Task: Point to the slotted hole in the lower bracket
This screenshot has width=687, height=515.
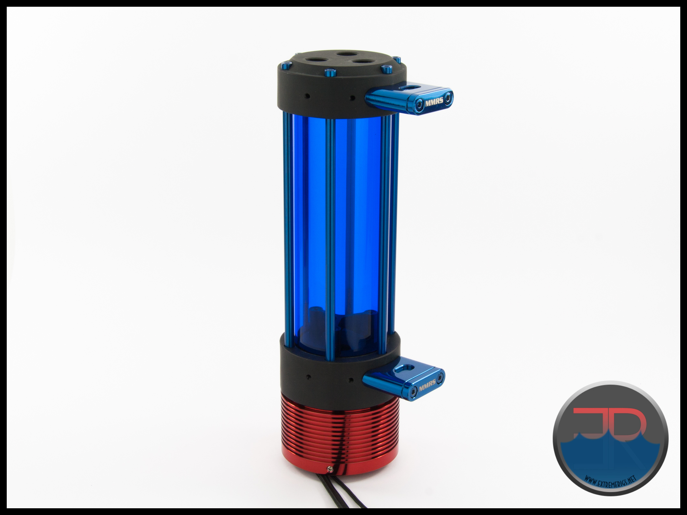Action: [402, 369]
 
